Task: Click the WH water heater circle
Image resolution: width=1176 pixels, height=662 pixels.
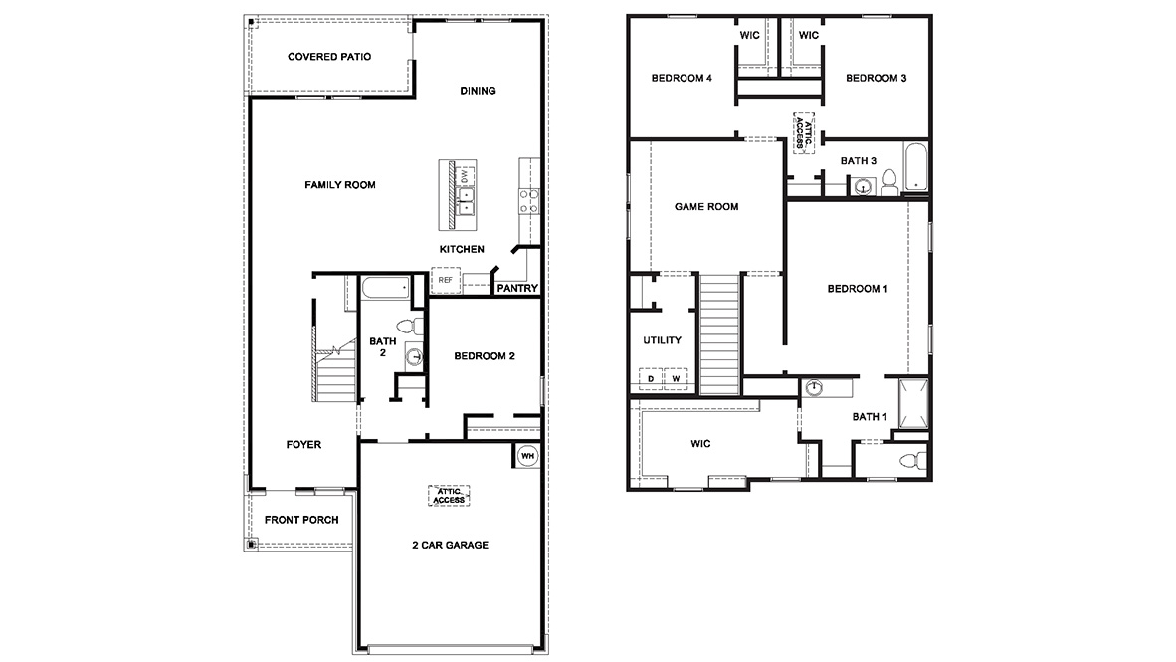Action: [526, 455]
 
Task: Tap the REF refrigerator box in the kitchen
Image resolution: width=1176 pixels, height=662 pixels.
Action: [445, 280]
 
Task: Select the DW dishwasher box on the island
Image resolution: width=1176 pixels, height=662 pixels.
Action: [463, 175]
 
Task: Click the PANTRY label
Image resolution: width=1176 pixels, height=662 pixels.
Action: [516, 289]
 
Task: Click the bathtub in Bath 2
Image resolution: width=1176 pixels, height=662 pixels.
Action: [385, 289]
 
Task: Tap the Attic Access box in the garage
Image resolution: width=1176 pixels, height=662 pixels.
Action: [449, 495]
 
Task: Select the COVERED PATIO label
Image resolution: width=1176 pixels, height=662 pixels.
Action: [329, 57]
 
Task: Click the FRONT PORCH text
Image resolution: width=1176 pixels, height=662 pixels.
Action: [301, 520]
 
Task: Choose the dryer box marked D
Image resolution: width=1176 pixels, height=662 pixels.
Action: [651, 379]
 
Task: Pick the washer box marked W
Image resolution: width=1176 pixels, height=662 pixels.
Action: [675, 379]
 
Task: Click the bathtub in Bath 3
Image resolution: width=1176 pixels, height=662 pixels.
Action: [915, 167]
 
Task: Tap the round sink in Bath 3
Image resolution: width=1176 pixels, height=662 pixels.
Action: [862, 185]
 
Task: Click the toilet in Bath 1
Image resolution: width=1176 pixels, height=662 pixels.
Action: [909, 460]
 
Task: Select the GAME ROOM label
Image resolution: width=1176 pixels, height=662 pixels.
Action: [706, 207]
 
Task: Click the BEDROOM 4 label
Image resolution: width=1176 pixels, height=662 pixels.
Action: [682, 79]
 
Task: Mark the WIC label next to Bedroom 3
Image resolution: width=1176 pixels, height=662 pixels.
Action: [808, 36]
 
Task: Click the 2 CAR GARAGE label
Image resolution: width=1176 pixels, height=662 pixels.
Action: [450, 545]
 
